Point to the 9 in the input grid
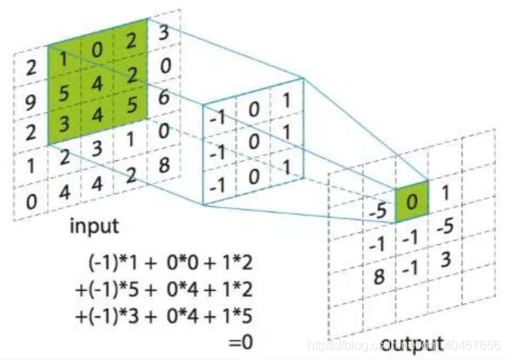tap(30, 101)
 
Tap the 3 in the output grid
tap(445, 259)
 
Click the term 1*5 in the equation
tap(239, 316)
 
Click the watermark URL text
tap(404, 346)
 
